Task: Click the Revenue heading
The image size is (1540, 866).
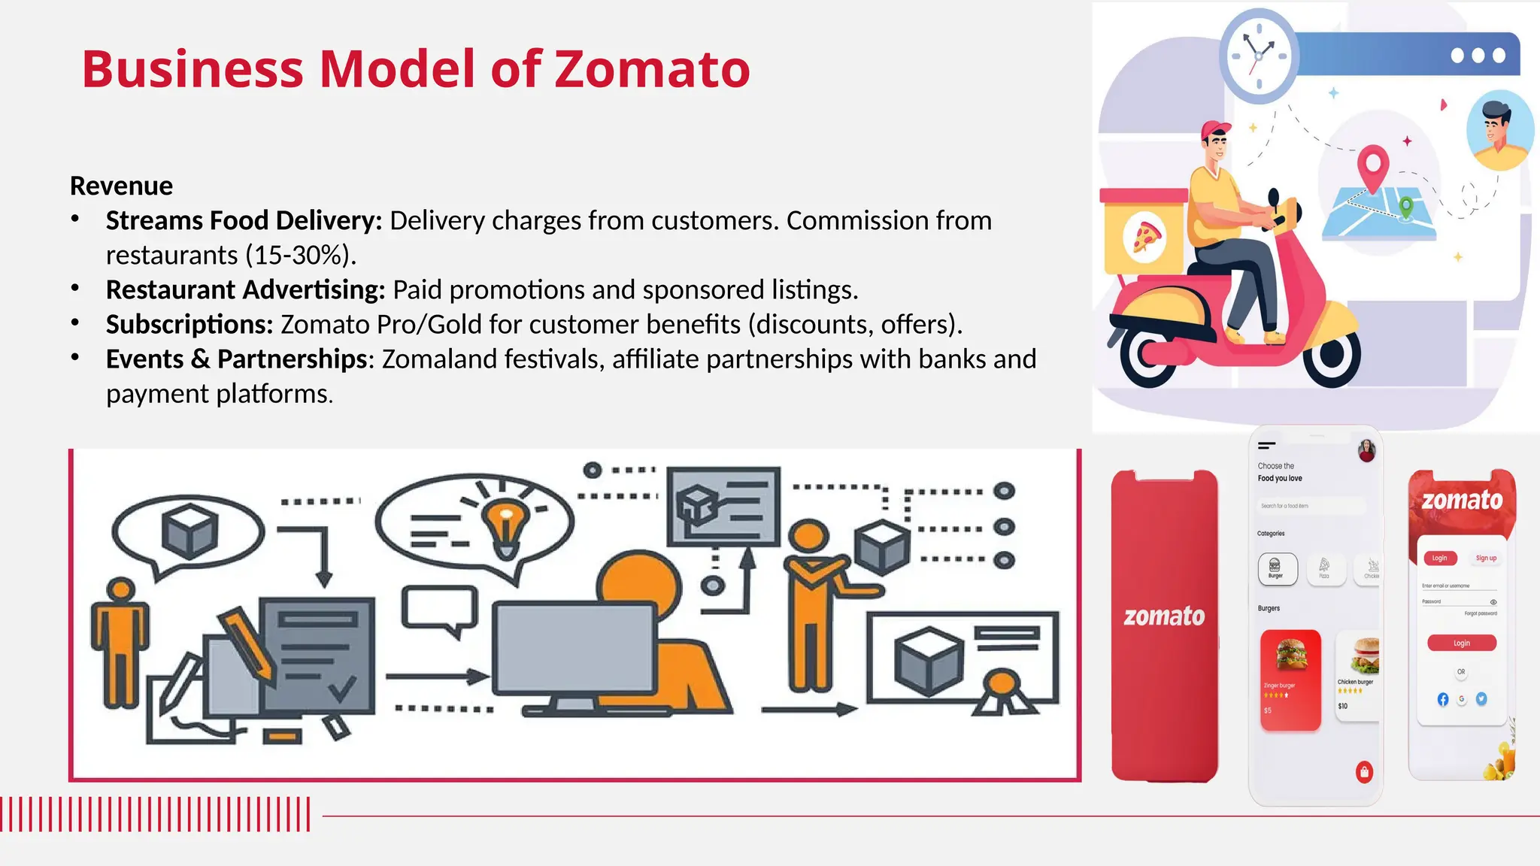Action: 121,186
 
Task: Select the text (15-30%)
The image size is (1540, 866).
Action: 300,256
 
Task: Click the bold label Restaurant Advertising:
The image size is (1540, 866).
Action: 245,289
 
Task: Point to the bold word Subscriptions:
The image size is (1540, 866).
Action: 189,324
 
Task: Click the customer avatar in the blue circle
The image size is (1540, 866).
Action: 1499,130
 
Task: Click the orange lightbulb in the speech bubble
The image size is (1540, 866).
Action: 505,521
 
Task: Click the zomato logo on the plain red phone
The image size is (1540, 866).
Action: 1164,616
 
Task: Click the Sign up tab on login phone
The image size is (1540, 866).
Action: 1486,558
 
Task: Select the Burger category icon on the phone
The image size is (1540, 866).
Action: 1276,568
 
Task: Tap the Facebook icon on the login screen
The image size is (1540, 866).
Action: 1442,699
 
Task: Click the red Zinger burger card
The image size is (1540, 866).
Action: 1290,679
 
